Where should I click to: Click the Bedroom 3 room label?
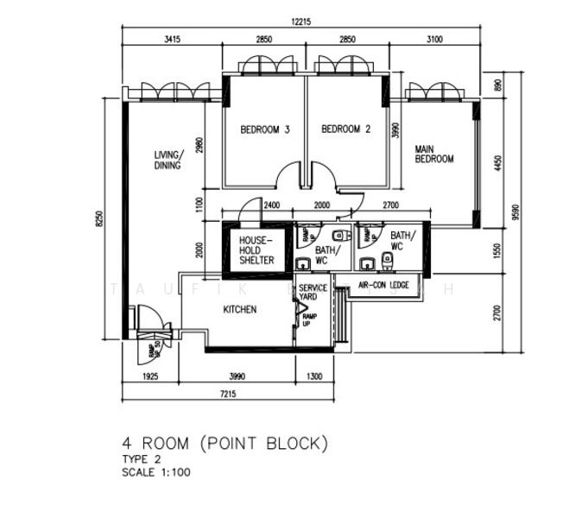click(264, 129)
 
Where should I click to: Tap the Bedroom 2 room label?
click(345, 129)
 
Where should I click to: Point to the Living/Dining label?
click(168, 160)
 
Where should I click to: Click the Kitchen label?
click(239, 309)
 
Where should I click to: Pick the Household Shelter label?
click(256, 250)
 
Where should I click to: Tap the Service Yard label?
click(313, 292)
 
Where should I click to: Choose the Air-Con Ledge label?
click(383, 284)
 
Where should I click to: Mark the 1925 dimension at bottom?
click(149, 377)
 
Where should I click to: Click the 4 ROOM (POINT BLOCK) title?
click(225, 444)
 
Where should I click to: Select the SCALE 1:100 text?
click(155, 472)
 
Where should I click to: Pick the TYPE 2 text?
click(142, 460)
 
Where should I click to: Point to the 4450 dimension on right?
click(497, 163)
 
